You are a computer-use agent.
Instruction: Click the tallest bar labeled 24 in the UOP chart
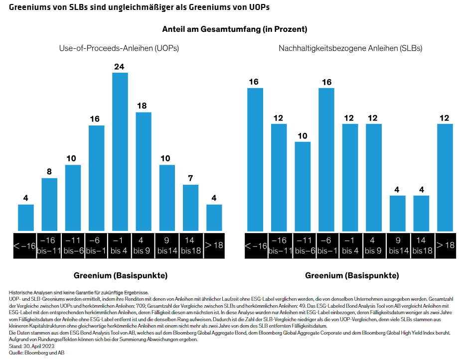(x=120, y=152)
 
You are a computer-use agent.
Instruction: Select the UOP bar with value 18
(x=144, y=172)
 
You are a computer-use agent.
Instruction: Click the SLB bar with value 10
(x=303, y=186)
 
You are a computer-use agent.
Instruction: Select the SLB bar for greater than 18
(x=445, y=177)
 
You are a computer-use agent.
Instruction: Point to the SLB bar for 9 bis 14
(x=397, y=213)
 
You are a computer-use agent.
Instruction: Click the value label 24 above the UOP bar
(x=120, y=67)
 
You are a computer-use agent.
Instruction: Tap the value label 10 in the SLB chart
(x=303, y=136)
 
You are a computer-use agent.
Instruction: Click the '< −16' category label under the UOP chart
(x=25, y=245)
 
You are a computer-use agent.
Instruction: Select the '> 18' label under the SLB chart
(x=445, y=245)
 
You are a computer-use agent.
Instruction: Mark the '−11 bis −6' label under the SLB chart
(x=303, y=245)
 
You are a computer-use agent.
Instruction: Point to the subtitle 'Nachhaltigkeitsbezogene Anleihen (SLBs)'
(x=350, y=48)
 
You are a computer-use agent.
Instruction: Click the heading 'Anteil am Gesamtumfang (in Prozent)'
(x=234, y=29)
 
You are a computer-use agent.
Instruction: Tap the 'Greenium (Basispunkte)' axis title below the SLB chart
(x=352, y=275)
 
